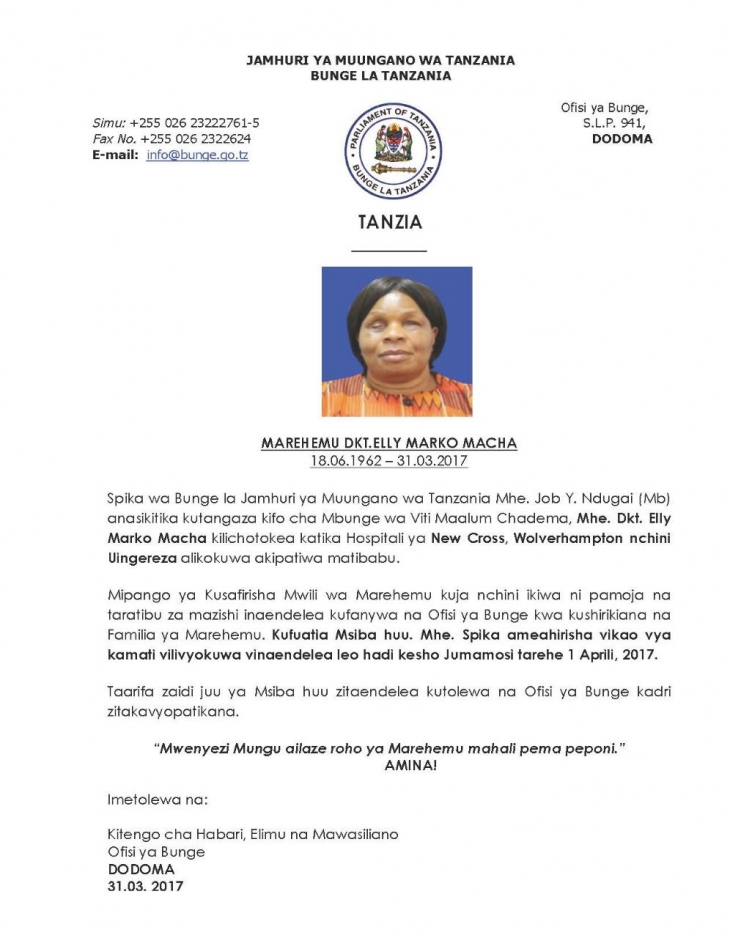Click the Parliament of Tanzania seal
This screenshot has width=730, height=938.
pyautogui.click(x=394, y=149)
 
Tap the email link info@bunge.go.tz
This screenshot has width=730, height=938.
pyautogui.click(x=198, y=155)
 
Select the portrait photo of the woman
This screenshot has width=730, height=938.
pyautogui.click(x=396, y=341)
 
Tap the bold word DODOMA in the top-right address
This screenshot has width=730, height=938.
pyautogui.click(x=622, y=139)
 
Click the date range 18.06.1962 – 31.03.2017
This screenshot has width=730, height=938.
pyautogui.click(x=389, y=460)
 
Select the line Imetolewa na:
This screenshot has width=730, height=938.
pyautogui.click(x=158, y=800)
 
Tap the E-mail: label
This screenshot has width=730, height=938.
pyautogui.click(x=114, y=155)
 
